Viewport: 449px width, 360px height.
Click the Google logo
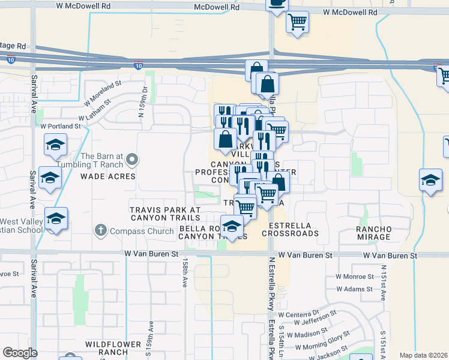(19, 353)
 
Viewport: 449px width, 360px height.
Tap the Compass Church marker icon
(100, 230)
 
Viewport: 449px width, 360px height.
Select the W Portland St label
(60, 127)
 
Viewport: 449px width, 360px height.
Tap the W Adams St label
(355, 289)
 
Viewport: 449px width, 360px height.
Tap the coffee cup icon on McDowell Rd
(277, 4)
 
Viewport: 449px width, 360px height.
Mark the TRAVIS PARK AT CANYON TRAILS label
(165, 214)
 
